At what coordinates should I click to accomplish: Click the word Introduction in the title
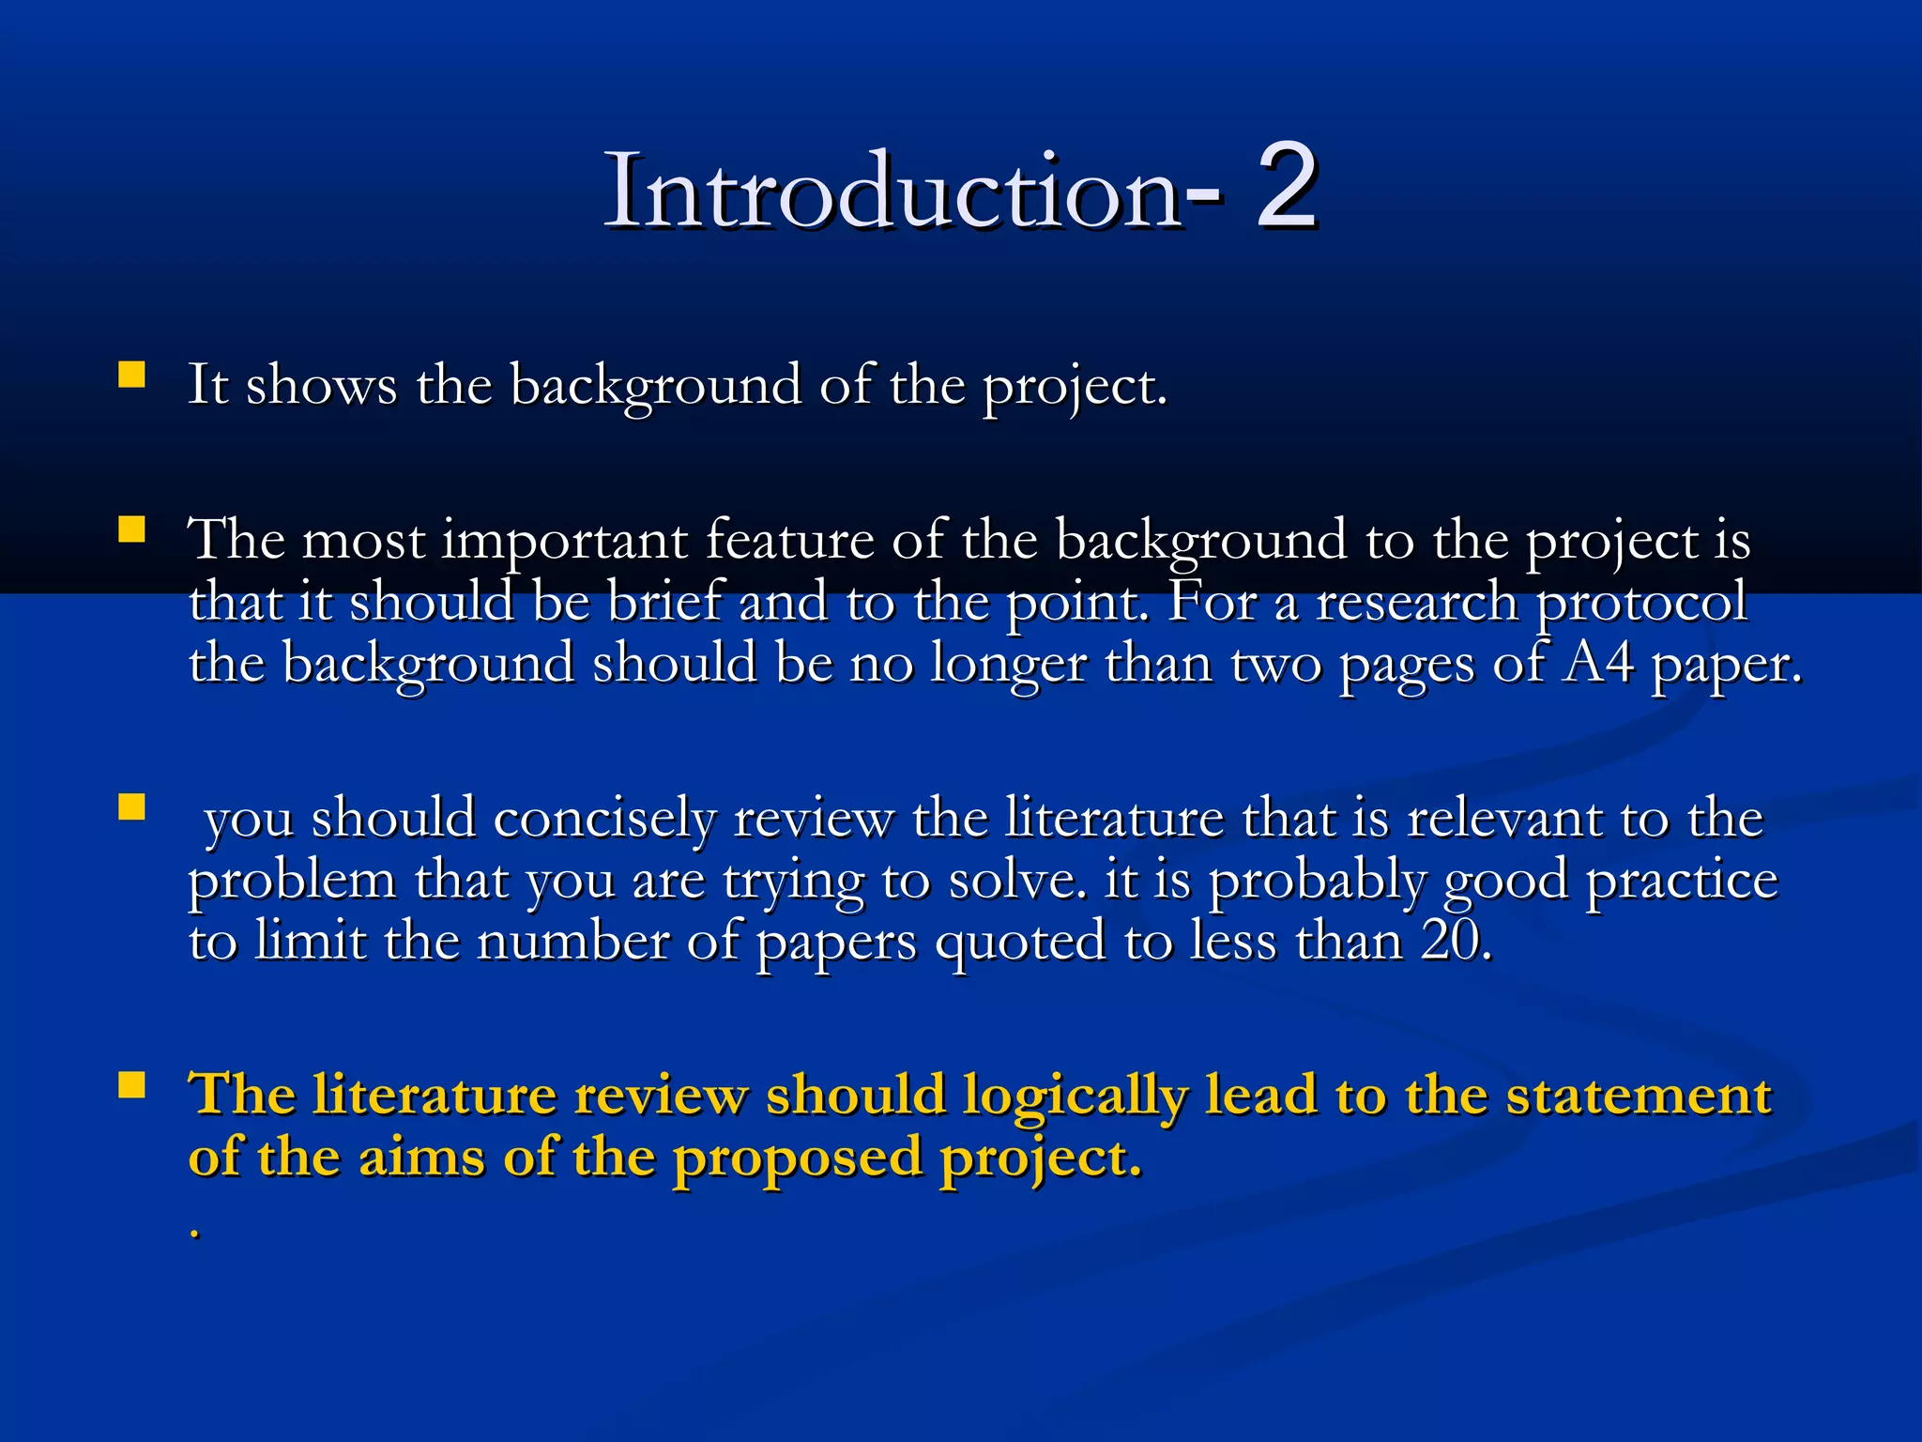click(892, 192)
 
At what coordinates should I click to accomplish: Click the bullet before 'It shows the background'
click(131, 376)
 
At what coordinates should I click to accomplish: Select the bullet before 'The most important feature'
click(131, 530)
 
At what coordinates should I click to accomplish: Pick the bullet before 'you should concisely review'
click(131, 807)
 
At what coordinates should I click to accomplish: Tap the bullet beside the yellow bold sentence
click(131, 1085)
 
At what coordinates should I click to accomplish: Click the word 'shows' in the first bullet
click(321, 387)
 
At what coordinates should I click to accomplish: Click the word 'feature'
click(788, 541)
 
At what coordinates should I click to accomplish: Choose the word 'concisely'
click(605, 820)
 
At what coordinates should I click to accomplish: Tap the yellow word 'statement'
click(1638, 1097)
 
